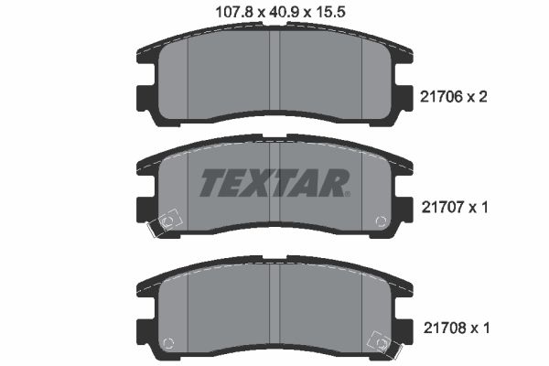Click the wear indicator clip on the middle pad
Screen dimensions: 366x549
click(x=169, y=222)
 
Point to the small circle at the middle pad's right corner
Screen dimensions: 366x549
click(x=380, y=221)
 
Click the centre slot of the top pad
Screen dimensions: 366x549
click(x=274, y=78)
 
